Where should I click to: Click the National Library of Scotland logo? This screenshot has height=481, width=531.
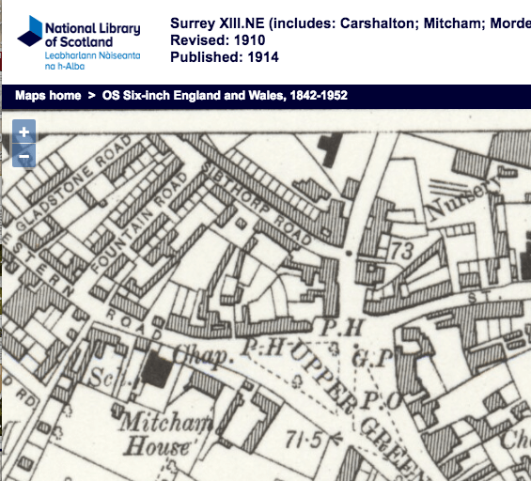tap(79, 41)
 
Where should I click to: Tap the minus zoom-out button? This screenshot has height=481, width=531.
tap(24, 156)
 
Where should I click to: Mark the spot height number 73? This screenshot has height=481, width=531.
tap(402, 251)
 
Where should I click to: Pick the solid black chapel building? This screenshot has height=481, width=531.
tap(157, 372)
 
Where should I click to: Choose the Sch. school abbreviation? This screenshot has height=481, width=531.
tap(100, 377)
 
